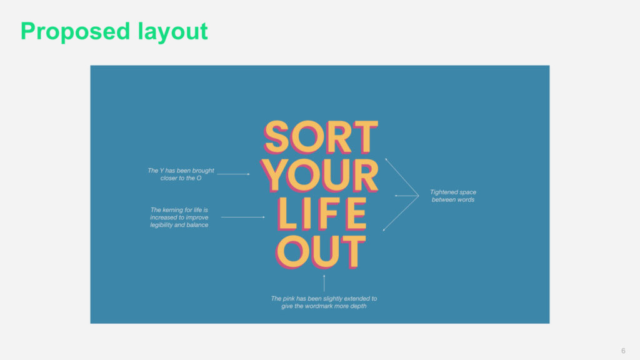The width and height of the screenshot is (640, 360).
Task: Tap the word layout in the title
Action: [x=172, y=32]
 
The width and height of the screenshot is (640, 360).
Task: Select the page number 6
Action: [x=623, y=351]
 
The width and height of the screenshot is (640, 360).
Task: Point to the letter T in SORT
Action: [x=365, y=137]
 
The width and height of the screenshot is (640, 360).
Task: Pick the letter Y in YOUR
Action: [x=274, y=176]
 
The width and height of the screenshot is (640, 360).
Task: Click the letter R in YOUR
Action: [x=366, y=176]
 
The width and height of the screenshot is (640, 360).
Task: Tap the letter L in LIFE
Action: [x=287, y=214]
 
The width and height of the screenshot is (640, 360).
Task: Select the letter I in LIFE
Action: [x=306, y=214]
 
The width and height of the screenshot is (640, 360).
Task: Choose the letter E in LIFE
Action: [x=356, y=214]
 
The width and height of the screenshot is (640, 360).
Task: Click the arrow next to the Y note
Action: [x=233, y=174]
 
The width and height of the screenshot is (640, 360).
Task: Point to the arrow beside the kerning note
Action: [x=243, y=217]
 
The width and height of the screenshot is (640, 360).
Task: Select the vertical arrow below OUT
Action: [x=324, y=283]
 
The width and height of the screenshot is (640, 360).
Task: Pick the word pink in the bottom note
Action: [x=288, y=299]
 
